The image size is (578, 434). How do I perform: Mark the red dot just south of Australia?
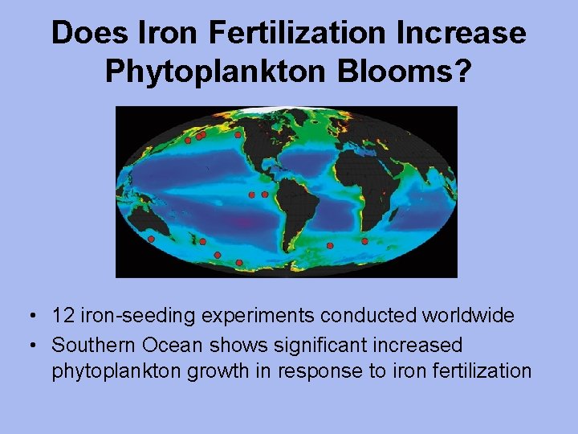pyautogui.click(x=152, y=239)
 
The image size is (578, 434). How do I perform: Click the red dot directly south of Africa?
pyautogui.click(x=364, y=241)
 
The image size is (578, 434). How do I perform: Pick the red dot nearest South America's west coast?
pyautogui.click(x=265, y=194)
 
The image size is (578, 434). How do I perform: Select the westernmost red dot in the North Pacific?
pyautogui.click(x=187, y=140)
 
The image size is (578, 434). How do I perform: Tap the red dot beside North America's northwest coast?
pyautogui.click(x=238, y=135)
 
